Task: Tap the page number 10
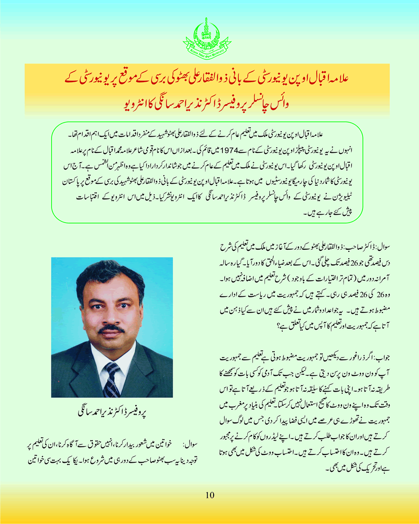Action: click(210, 494)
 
